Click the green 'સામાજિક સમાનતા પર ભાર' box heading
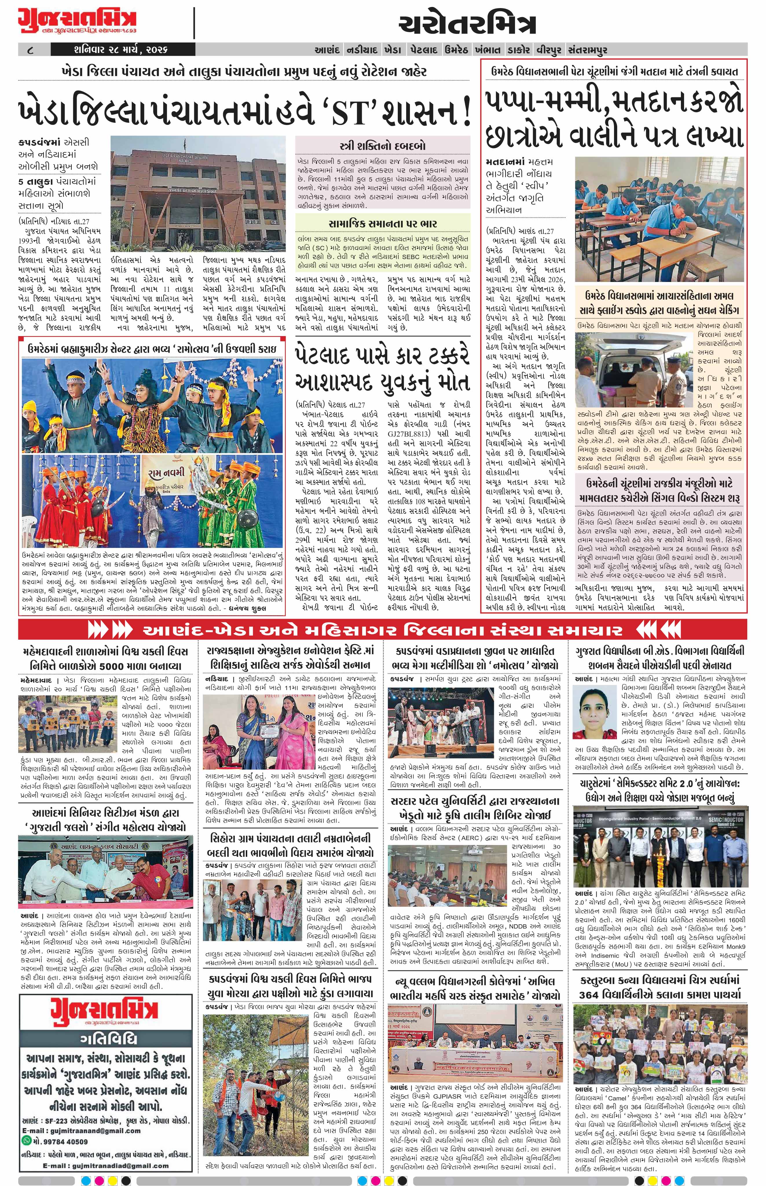click(x=382, y=223)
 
